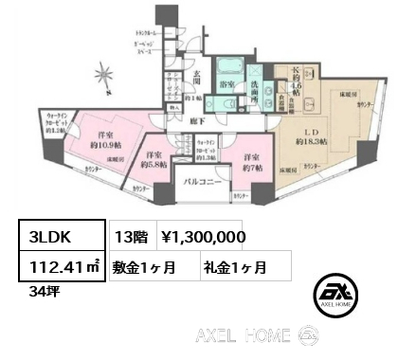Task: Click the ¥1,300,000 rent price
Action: (x=204, y=236)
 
